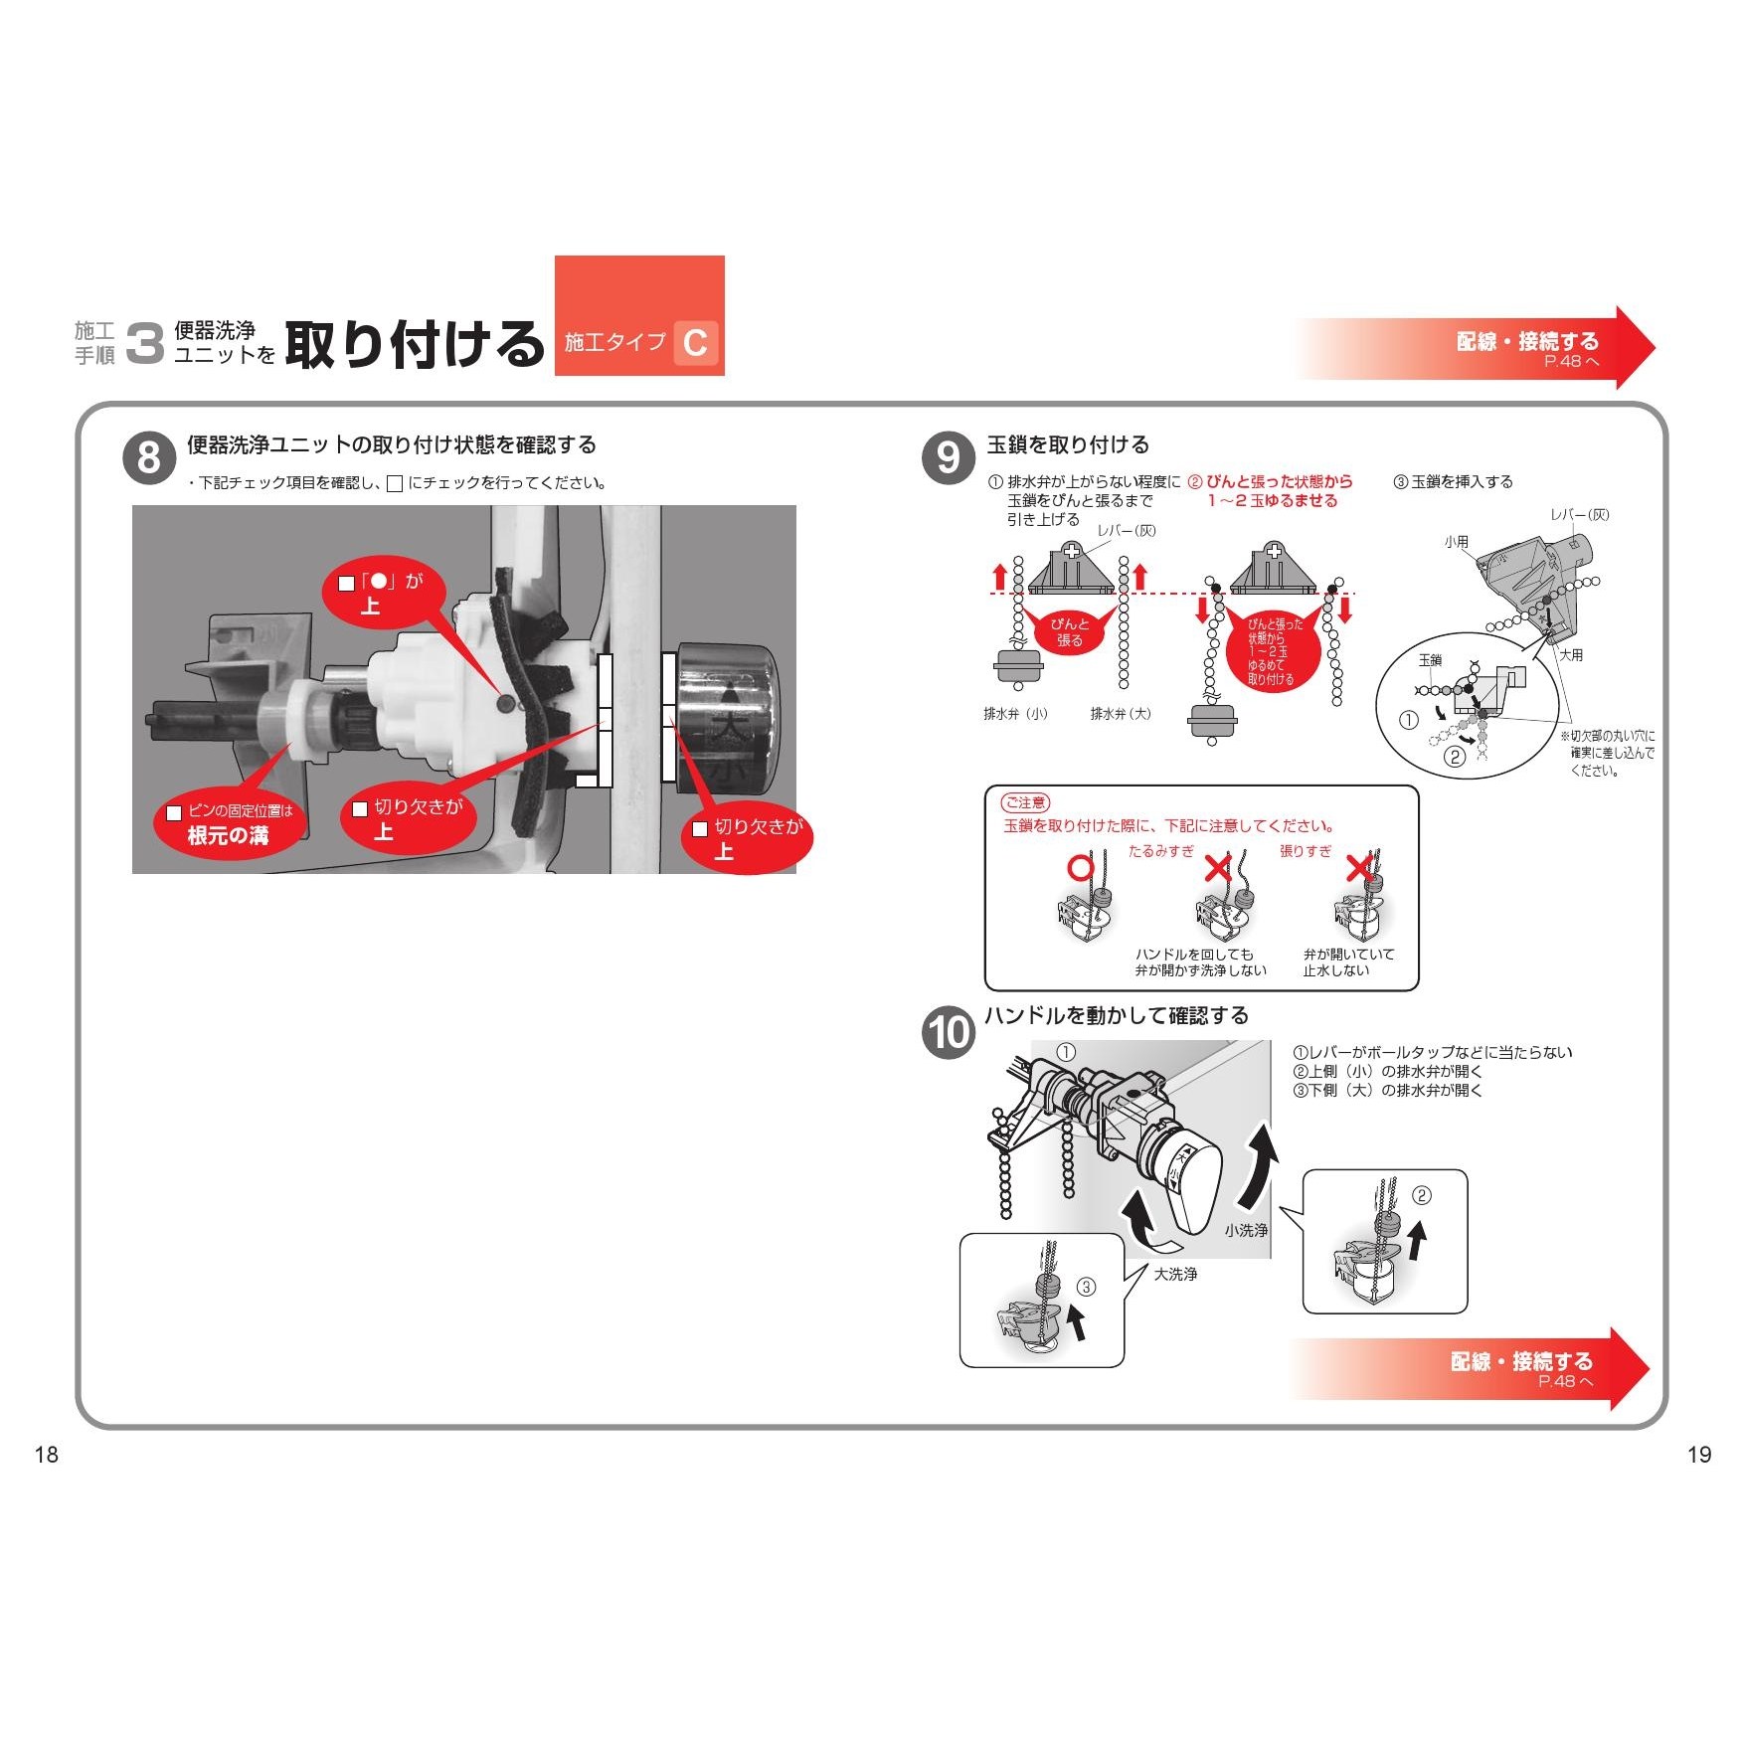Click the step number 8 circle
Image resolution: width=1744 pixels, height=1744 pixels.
(149, 458)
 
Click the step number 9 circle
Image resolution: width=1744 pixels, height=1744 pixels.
(949, 458)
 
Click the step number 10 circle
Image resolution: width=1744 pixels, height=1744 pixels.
(949, 1032)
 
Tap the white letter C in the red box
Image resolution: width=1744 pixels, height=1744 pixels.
(696, 343)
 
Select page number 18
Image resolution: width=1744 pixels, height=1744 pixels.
(47, 1455)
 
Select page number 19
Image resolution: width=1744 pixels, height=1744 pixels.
(1699, 1455)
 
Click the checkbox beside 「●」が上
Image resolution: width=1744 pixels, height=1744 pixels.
(346, 583)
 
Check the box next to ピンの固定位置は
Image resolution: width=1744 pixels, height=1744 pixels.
(174, 812)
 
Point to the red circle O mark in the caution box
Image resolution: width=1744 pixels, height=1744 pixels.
(1080, 868)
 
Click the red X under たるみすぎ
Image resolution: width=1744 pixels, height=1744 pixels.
(1218, 868)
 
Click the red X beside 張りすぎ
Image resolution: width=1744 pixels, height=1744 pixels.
(1359, 868)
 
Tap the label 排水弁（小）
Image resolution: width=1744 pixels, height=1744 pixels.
(1016, 714)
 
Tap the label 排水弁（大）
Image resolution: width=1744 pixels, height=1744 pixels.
(1121, 714)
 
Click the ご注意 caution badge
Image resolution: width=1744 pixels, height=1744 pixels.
(1025, 802)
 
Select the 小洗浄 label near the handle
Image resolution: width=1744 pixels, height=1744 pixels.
(1246, 1230)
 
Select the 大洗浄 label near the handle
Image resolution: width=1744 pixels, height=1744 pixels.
(1175, 1274)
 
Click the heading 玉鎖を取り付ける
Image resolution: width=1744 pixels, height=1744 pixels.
(1068, 444)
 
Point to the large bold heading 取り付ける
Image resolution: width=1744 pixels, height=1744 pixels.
(415, 344)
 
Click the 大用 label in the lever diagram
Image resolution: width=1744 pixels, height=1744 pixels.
(1571, 655)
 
